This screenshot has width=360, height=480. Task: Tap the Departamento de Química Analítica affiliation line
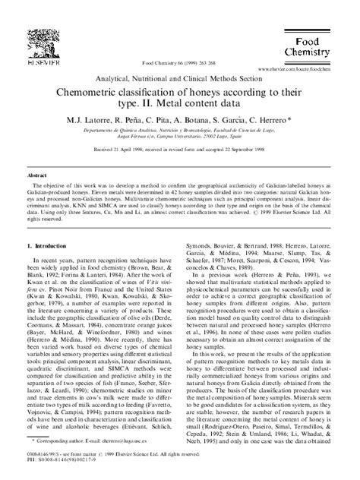pos(180,131)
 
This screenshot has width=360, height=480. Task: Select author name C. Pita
pos(156,120)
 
